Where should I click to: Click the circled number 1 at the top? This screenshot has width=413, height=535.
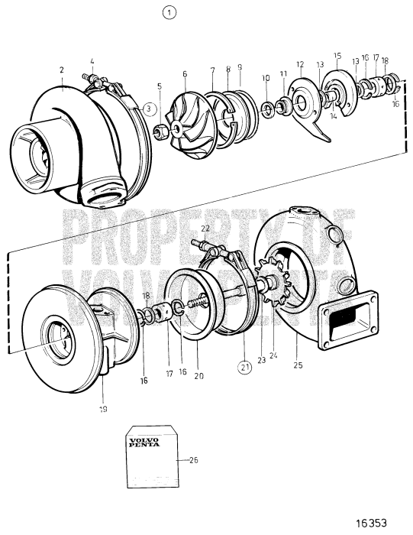[169, 12]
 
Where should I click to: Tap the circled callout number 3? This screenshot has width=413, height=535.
[150, 108]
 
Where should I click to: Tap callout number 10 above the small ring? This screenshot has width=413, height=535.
[265, 78]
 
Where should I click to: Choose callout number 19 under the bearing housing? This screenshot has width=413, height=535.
[103, 409]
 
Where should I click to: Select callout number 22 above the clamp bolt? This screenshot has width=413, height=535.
[205, 228]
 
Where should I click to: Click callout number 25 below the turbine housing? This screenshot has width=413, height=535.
[298, 365]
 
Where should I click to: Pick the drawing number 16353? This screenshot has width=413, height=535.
[379, 522]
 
